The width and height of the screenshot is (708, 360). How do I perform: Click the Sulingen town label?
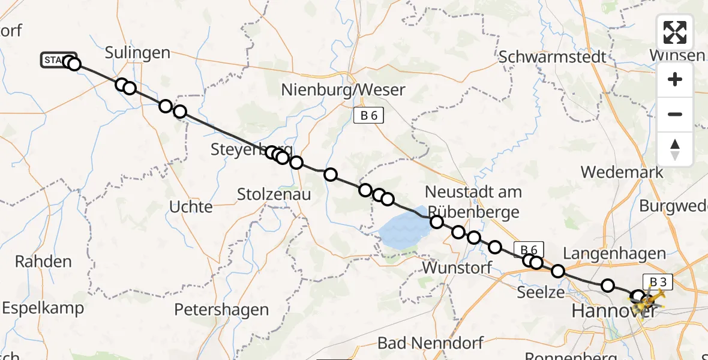tap(137, 53)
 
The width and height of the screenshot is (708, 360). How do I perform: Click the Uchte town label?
tap(191, 207)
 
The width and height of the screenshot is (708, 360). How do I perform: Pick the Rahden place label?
tap(43, 262)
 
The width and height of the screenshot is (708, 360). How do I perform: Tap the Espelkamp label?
tap(43, 308)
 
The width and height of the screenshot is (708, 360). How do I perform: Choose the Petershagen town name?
tap(221, 310)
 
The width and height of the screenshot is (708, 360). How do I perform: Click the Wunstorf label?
tap(457, 268)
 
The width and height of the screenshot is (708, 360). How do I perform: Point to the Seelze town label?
tap(541, 292)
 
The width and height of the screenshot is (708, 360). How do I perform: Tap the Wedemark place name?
tap(622, 172)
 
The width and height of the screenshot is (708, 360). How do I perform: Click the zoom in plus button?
tap(675, 80)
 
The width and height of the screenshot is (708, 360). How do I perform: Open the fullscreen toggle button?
tap(675, 32)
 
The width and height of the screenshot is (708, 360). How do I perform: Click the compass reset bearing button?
tap(675, 149)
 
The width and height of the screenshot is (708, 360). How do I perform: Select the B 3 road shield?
tap(658, 281)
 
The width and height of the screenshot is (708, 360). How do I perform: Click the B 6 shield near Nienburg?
tap(368, 116)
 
